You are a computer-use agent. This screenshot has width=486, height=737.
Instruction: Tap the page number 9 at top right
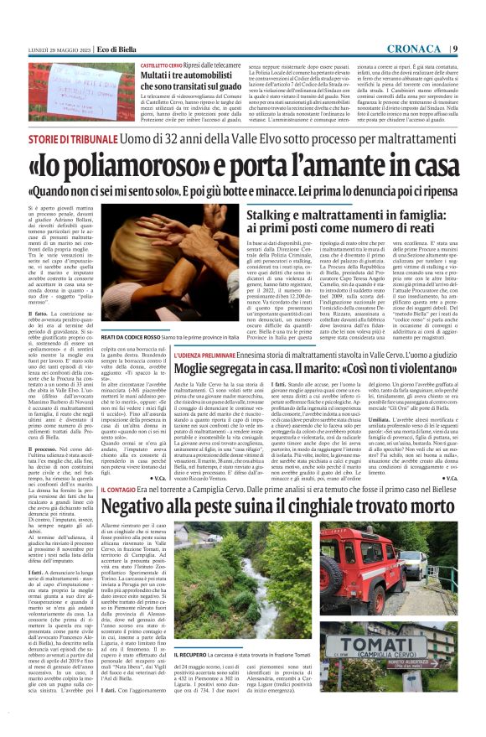click(x=454, y=47)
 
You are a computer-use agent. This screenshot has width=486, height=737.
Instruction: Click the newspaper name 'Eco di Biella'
click(x=116, y=48)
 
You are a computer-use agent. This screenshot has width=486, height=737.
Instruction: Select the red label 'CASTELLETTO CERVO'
click(x=162, y=65)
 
